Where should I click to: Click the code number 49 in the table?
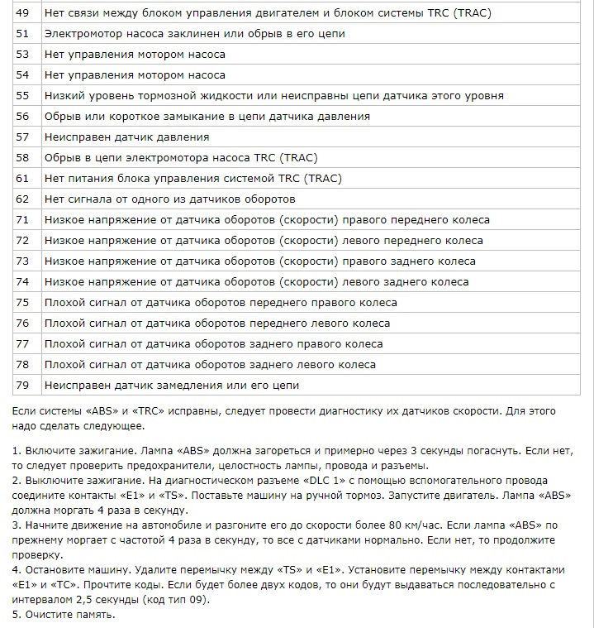[22, 12]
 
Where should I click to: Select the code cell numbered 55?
[22, 95]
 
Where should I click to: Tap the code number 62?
[22, 199]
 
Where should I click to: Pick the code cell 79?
[22, 385]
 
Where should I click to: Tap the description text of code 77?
[213, 343]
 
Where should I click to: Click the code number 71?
[22, 219]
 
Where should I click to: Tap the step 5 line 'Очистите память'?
[69, 615]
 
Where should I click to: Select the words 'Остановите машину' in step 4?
[74, 570]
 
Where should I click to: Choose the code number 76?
[22, 323]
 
